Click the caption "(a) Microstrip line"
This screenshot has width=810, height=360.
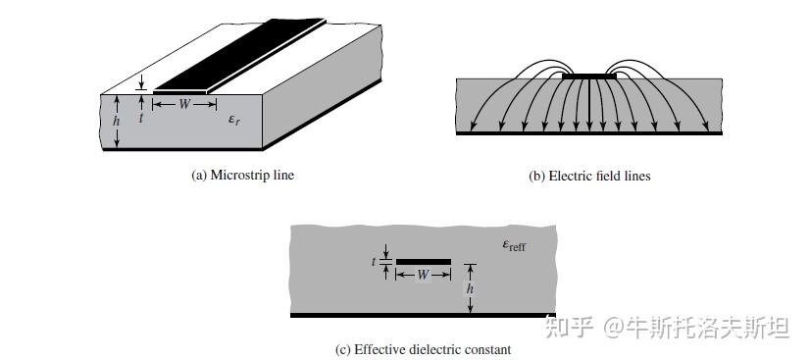[x=241, y=176]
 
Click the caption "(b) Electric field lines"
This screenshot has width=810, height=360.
[x=589, y=177]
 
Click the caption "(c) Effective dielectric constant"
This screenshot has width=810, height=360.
[x=423, y=349]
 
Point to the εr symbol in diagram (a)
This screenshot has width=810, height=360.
[x=234, y=119]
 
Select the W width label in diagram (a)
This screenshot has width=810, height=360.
[x=183, y=104]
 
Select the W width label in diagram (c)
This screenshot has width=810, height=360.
[x=423, y=275]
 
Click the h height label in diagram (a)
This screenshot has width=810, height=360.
[x=116, y=121]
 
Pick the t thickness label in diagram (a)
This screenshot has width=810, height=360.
[x=141, y=117]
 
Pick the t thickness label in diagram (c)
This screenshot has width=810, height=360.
[x=375, y=262]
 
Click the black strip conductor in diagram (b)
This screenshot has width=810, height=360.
[x=589, y=76]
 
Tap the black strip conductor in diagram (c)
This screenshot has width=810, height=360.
[x=423, y=262]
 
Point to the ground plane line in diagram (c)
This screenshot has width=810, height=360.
[x=423, y=315]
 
